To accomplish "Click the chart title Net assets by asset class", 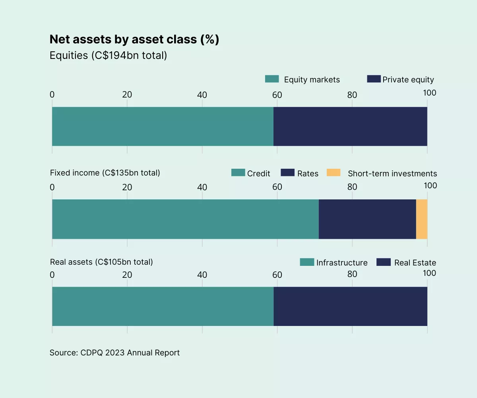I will point(134,39).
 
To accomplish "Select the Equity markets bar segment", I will point(163,126).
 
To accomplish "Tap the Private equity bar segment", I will point(350,126).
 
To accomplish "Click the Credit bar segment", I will point(185,219).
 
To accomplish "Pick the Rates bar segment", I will point(367,219).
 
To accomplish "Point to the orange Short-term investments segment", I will point(422,219).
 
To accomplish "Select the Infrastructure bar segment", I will point(163,306).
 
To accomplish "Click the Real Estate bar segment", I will point(350,306).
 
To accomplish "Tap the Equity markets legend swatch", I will point(272,79).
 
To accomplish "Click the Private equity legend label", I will point(408,80).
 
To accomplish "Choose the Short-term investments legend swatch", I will point(334,173).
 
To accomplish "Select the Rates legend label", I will point(308,174).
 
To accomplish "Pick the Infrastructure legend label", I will point(342,263).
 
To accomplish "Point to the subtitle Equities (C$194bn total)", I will point(108,55).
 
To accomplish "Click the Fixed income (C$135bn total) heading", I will point(105,173).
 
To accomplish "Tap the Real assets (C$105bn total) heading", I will point(101,262).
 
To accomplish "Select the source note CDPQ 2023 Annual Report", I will point(114,353).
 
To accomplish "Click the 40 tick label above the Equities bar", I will point(202,95).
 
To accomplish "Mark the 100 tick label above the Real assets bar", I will point(429,273).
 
